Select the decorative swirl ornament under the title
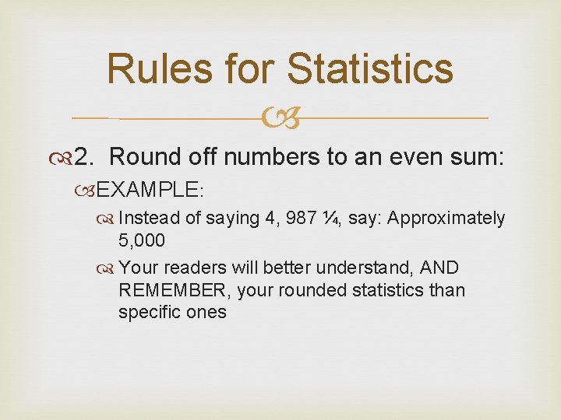click(x=280, y=119)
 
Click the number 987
click(x=302, y=219)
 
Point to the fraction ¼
click(x=333, y=219)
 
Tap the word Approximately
click(x=446, y=219)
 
